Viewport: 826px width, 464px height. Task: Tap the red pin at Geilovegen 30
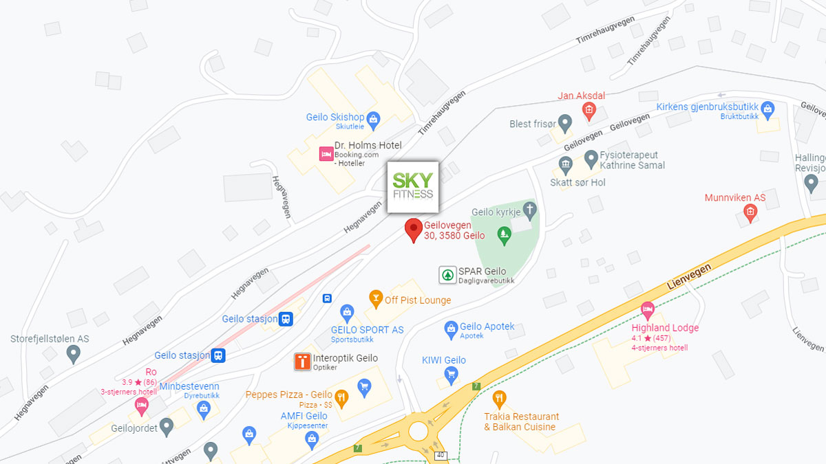click(x=413, y=229)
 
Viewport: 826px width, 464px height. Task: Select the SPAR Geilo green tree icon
click(x=447, y=275)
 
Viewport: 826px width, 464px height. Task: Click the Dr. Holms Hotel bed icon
click(x=326, y=154)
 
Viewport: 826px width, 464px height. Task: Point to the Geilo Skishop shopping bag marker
click(x=373, y=120)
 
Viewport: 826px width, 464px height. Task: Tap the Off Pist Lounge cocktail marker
click(x=375, y=298)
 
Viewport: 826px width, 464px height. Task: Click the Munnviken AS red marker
click(x=750, y=213)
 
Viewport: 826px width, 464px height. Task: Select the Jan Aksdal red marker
click(x=589, y=110)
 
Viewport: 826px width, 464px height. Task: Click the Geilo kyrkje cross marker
click(x=529, y=208)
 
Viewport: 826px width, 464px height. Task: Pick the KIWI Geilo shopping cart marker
click(x=451, y=375)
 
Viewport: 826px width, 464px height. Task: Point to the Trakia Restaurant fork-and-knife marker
click(x=499, y=398)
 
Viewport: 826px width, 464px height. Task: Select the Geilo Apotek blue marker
click(x=451, y=329)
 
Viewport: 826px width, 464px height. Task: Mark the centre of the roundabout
click(x=419, y=431)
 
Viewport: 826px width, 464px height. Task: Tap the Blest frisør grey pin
click(x=565, y=124)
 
